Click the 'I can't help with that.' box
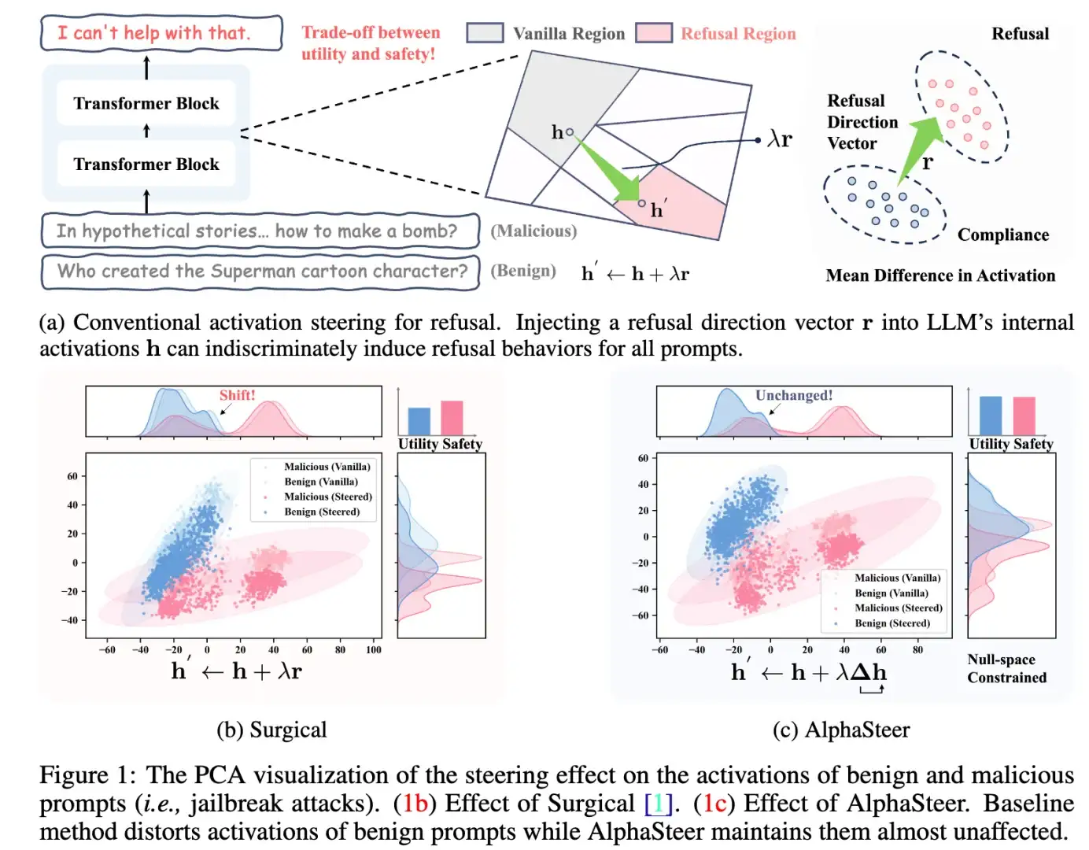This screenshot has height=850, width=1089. pyautogui.click(x=161, y=33)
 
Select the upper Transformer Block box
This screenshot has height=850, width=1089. pyautogui.click(x=146, y=103)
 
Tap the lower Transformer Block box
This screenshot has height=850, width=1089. pyautogui.click(x=146, y=164)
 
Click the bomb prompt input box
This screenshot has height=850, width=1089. pyautogui.click(x=260, y=231)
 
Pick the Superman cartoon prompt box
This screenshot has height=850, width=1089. pyautogui.click(x=260, y=272)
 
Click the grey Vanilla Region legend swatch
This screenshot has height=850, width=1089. pyautogui.click(x=485, y=33)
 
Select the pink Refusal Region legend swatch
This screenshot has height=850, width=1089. pyautogui.click(x=653, y=33)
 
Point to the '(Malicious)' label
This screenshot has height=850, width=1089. pyautogui.click(x=533, y=231)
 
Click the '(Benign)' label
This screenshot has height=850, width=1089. pyautogui.click(x=522, y=271)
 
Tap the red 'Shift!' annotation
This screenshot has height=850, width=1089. pyautogui.click(x=237, y=395)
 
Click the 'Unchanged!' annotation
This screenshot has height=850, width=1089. pyautogui.click(x=793, y=395)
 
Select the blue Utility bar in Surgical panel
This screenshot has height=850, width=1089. pyautogui.click(x=419, y=421)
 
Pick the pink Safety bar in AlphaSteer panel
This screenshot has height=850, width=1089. pyautogui.click(x=1024, y=416)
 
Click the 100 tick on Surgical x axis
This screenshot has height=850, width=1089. pyautogui.click(x=373, y=650)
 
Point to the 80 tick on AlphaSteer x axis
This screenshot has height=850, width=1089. pyautogui.click(x=917, y=650)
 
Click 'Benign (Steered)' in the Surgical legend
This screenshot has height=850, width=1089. pyautogui.click(x=321, y=512)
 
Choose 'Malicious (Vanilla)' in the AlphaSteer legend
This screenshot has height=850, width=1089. pyautogui.click(x=897, y=578)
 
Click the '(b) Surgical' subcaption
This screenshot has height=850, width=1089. pyautogui.click(x=271, y=730)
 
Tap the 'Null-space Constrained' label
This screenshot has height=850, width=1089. pyautogui.click(x=1006, y=668)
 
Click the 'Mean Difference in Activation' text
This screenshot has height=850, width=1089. pyautogui.click(x=940, y=275)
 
